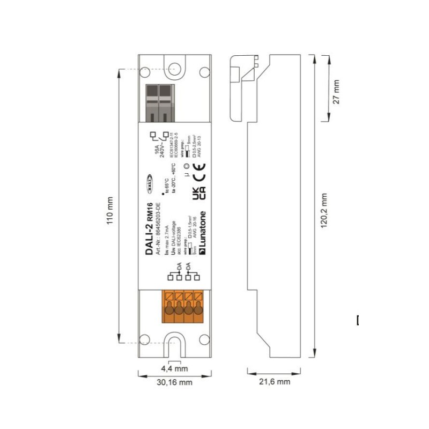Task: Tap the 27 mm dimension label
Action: (336, 91)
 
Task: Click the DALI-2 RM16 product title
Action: (150, 228)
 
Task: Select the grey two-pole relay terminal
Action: (158, 102)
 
